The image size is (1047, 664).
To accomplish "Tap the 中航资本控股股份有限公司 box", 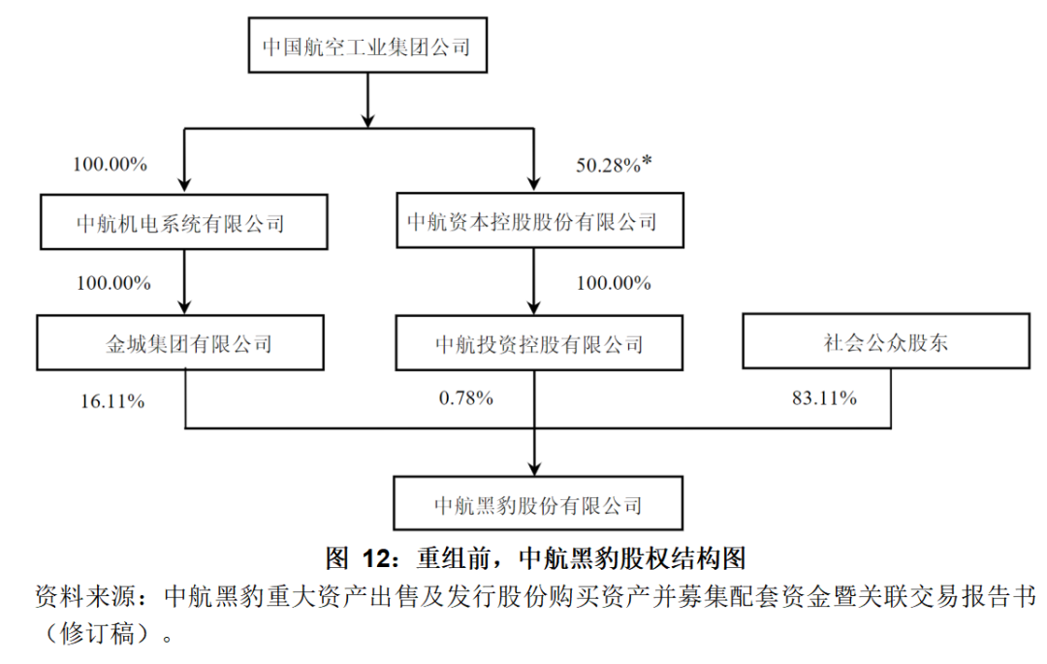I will [x=532, y=222].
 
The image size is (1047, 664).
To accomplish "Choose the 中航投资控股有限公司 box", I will [x=539, y=343].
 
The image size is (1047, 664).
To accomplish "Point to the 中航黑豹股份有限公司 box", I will [x=538, y=504].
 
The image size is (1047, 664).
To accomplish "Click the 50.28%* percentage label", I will [x=614, y=165].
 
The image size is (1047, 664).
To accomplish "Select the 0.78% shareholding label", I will [x=465, y=397].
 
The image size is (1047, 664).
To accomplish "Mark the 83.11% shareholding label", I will [x=820, y=397].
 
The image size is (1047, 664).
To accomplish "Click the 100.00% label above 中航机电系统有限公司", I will [x=110, y=165].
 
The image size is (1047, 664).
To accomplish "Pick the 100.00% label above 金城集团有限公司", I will [x=113, y=284].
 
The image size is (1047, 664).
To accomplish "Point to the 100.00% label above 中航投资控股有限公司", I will [x=614, y=284].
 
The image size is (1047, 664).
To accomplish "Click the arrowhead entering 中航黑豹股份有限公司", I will [x=534, y=466].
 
